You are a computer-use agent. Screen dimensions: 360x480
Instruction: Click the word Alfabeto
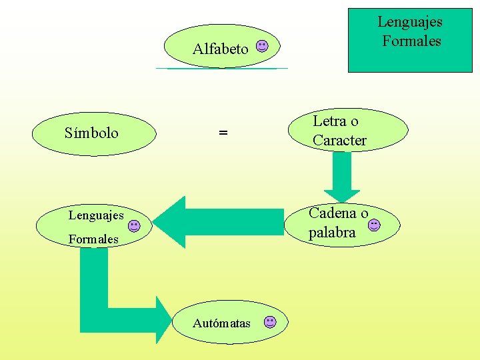[220, 49]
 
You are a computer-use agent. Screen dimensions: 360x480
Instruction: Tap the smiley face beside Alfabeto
[263, 47]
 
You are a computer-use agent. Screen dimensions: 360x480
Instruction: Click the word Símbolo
[91, 133]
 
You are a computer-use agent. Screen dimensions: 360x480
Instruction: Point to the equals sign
[223, 133]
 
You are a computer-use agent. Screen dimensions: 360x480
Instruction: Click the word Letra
[329, 121]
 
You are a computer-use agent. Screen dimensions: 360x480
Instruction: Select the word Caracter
[339, 141]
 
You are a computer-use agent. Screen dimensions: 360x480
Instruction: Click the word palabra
[332, 233]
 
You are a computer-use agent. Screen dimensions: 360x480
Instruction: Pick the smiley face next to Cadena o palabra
[374, 225]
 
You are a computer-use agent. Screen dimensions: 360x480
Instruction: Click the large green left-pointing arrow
[220, 222]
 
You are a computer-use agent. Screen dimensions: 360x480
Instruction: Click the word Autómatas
[221, 323]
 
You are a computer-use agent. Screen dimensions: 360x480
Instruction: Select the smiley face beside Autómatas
[269, 322]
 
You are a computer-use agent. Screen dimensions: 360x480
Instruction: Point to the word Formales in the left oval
[93, 239]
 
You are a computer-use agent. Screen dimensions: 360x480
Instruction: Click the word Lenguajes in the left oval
[96, 215]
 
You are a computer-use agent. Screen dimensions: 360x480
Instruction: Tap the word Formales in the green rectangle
[411, 41]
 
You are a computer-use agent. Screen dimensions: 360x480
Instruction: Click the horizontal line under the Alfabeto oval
[221, 68]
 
